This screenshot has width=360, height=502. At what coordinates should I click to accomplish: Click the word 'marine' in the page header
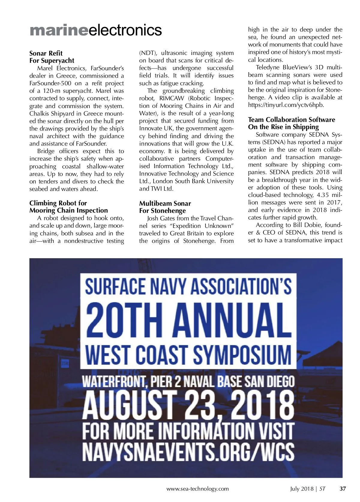coord(59,30)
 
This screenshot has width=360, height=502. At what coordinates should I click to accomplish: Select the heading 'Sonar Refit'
coord(46,53)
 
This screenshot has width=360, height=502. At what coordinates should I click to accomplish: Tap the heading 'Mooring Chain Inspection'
coord(68,210)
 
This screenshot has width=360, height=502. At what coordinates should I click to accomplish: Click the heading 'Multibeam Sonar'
coord(165,204)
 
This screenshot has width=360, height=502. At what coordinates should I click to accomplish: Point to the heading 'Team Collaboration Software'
coord(291,120)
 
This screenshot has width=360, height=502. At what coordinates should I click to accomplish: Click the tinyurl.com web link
coord(286,105)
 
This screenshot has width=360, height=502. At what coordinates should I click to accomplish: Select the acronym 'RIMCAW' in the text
coord(172,98)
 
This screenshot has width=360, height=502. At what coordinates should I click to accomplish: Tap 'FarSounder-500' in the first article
coord(50,83)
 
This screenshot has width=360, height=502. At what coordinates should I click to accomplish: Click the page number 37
coord(343,488)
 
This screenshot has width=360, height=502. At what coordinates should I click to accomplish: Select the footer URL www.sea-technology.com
coord(197,489)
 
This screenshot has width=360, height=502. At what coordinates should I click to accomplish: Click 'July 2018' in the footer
coord(301,489)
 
